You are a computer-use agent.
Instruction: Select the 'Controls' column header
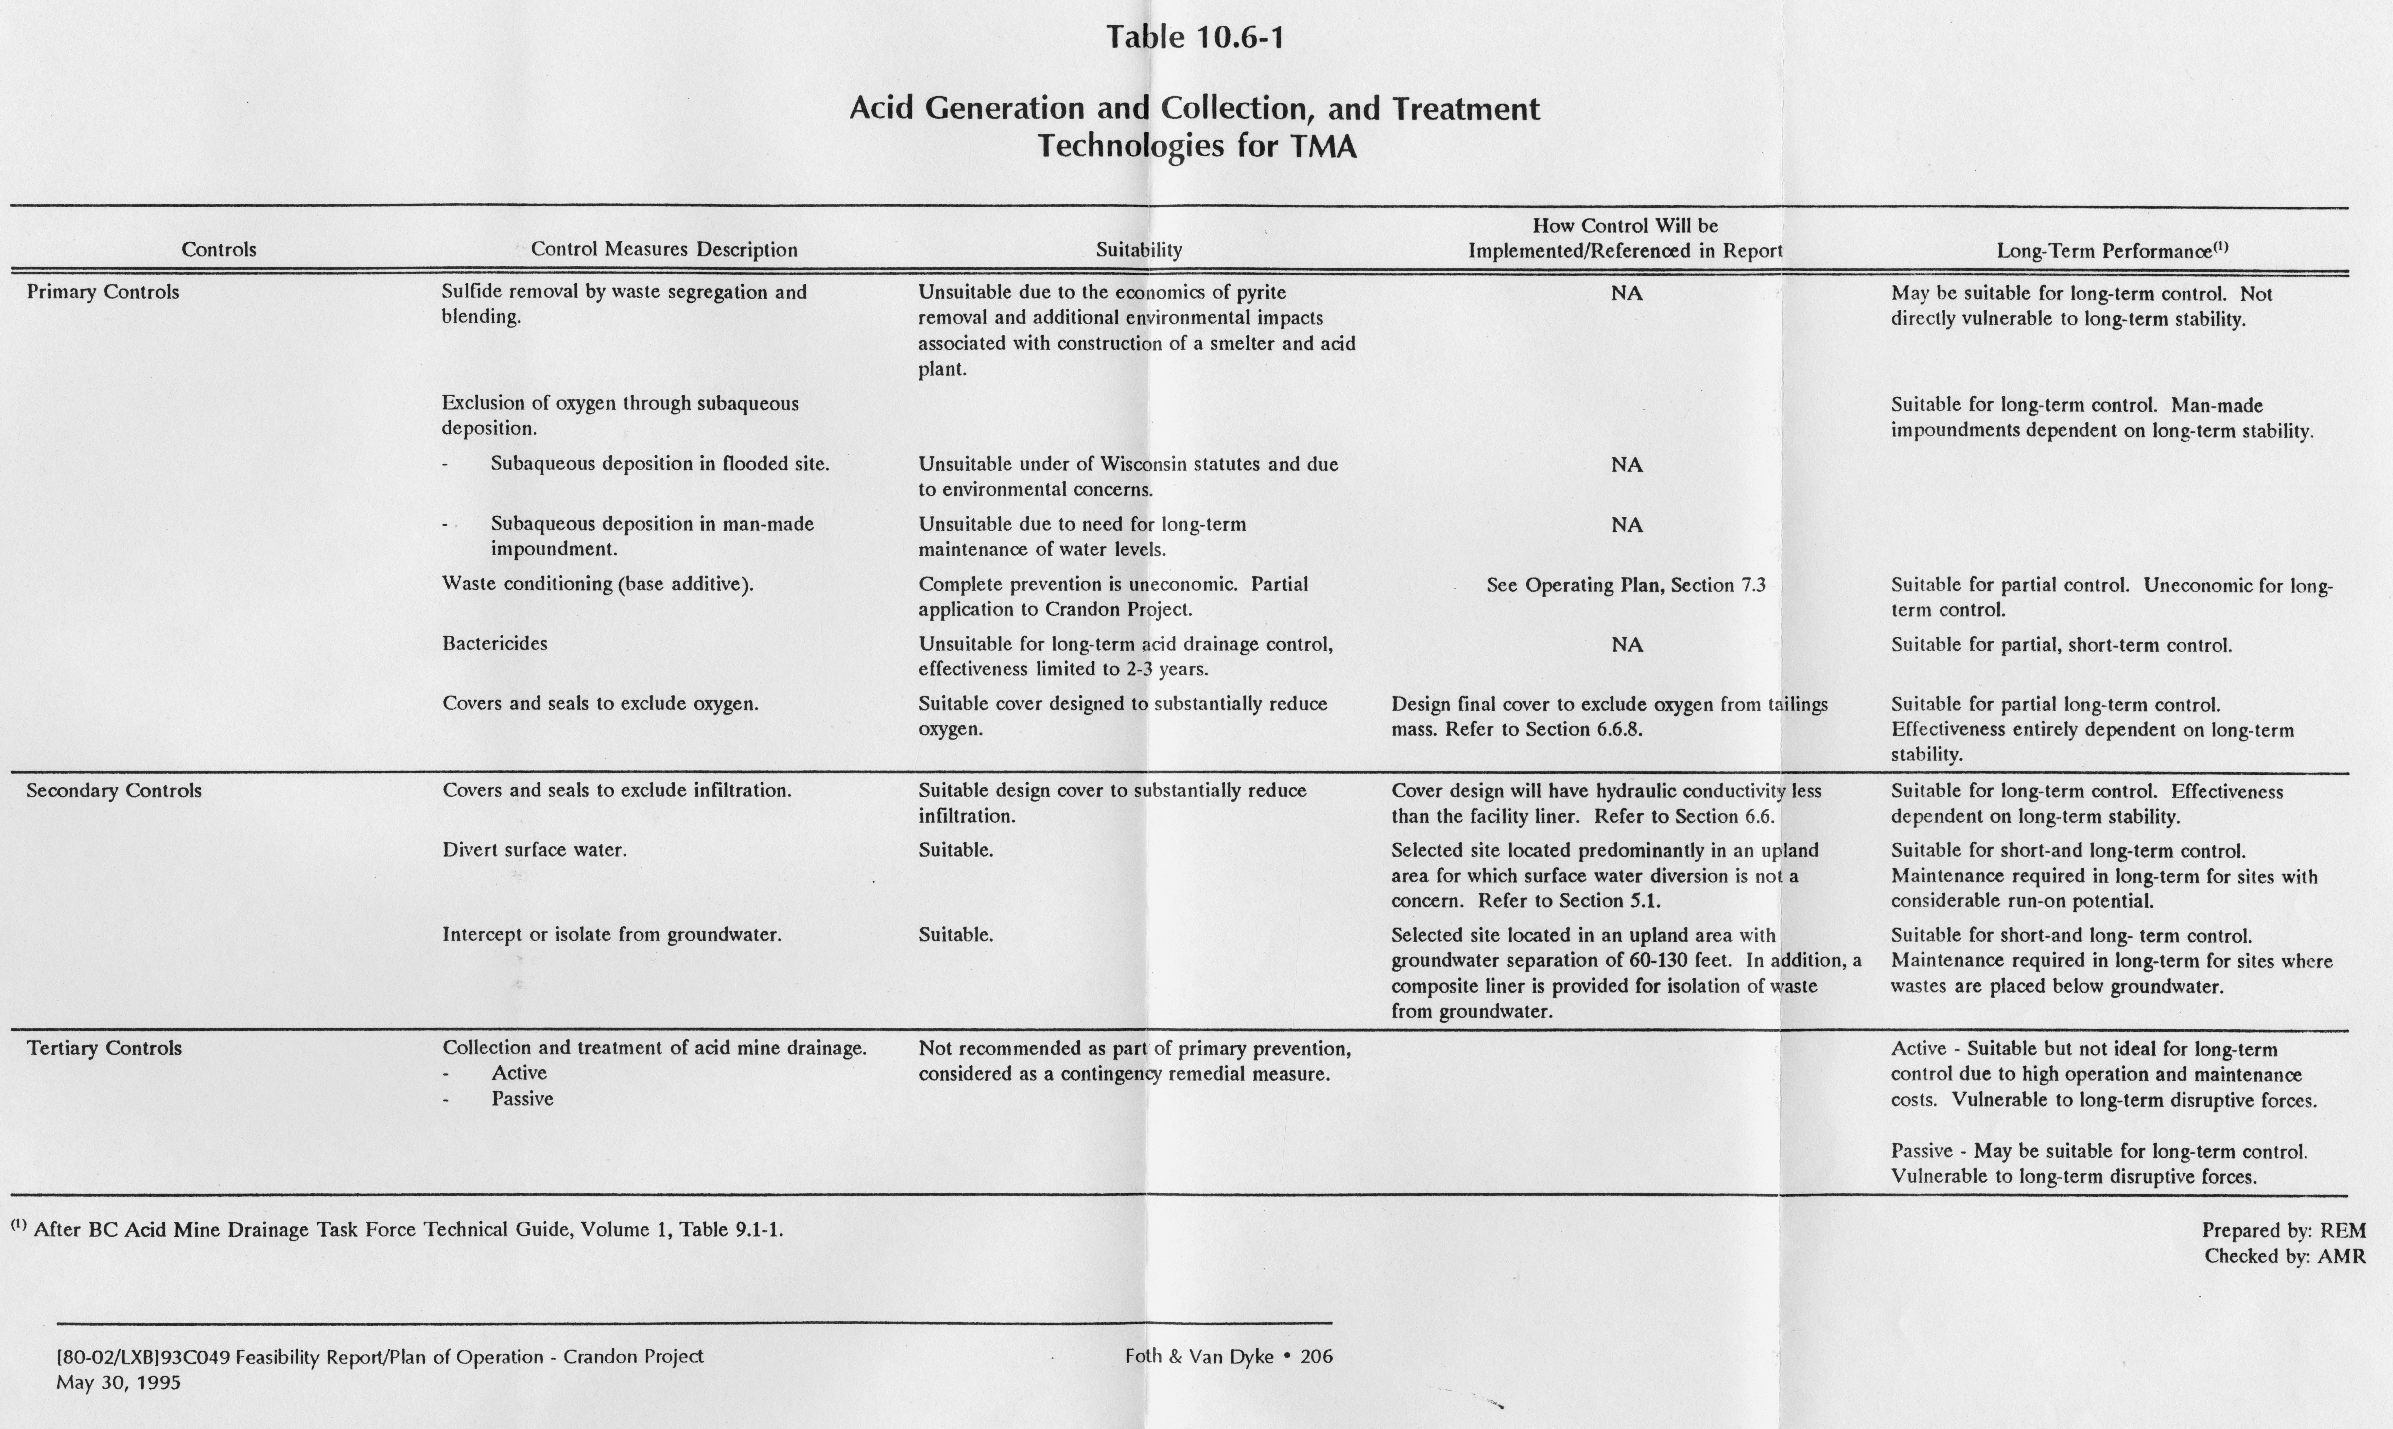coord(219,249)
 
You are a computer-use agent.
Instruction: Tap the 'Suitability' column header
coord(1138,249)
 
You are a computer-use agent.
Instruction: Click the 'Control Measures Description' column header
coord(663,249)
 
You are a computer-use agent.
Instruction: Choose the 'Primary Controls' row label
coord(103,292)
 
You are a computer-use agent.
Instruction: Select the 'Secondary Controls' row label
coord(114,791)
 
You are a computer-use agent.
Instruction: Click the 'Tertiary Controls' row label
coord(104,1048)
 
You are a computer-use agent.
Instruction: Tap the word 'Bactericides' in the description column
coord(494,643)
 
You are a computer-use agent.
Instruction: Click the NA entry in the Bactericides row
coord(1627,644)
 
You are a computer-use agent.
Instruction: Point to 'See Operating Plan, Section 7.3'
coord(1626,585)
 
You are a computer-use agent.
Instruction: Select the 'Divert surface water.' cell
coord(535,849)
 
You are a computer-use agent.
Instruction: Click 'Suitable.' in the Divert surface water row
coord(955,849)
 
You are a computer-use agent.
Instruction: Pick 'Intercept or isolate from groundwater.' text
coord(611,934)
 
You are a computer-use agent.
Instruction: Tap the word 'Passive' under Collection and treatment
coord(522,1099)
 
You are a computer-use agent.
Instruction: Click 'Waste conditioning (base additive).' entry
coord(597,584)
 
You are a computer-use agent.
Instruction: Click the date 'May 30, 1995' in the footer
coord(119,1383)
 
